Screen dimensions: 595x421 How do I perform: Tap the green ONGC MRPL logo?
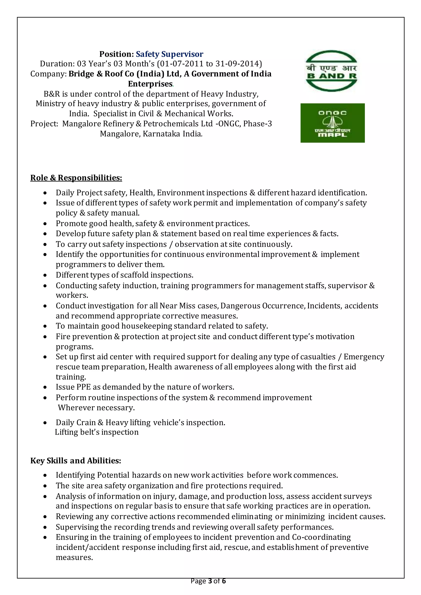[x=332, y=123]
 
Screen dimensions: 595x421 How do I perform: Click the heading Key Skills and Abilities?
[x=75, y=461]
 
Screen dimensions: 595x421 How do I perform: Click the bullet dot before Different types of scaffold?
[x=45, y=275]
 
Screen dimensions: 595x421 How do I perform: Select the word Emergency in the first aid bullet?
[x=364, y=357]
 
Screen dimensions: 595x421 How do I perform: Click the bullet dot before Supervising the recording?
[x=45, y=527]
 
